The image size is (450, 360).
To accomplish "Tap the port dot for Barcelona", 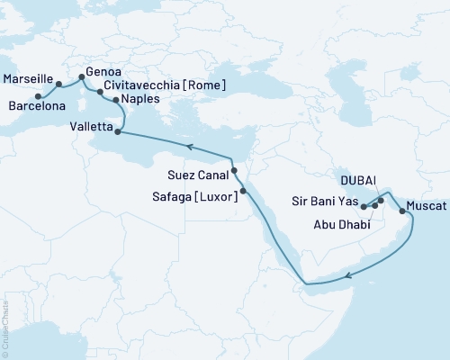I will tap(37, 94).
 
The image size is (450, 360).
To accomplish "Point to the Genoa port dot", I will tap(82, 76).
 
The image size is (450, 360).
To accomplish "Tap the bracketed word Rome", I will tap(201, 85).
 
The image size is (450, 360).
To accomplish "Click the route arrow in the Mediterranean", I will tap(190, 146).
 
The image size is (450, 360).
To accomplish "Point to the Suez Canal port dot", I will tap(233, 169).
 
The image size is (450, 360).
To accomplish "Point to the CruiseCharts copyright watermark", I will tap(6, 328).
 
